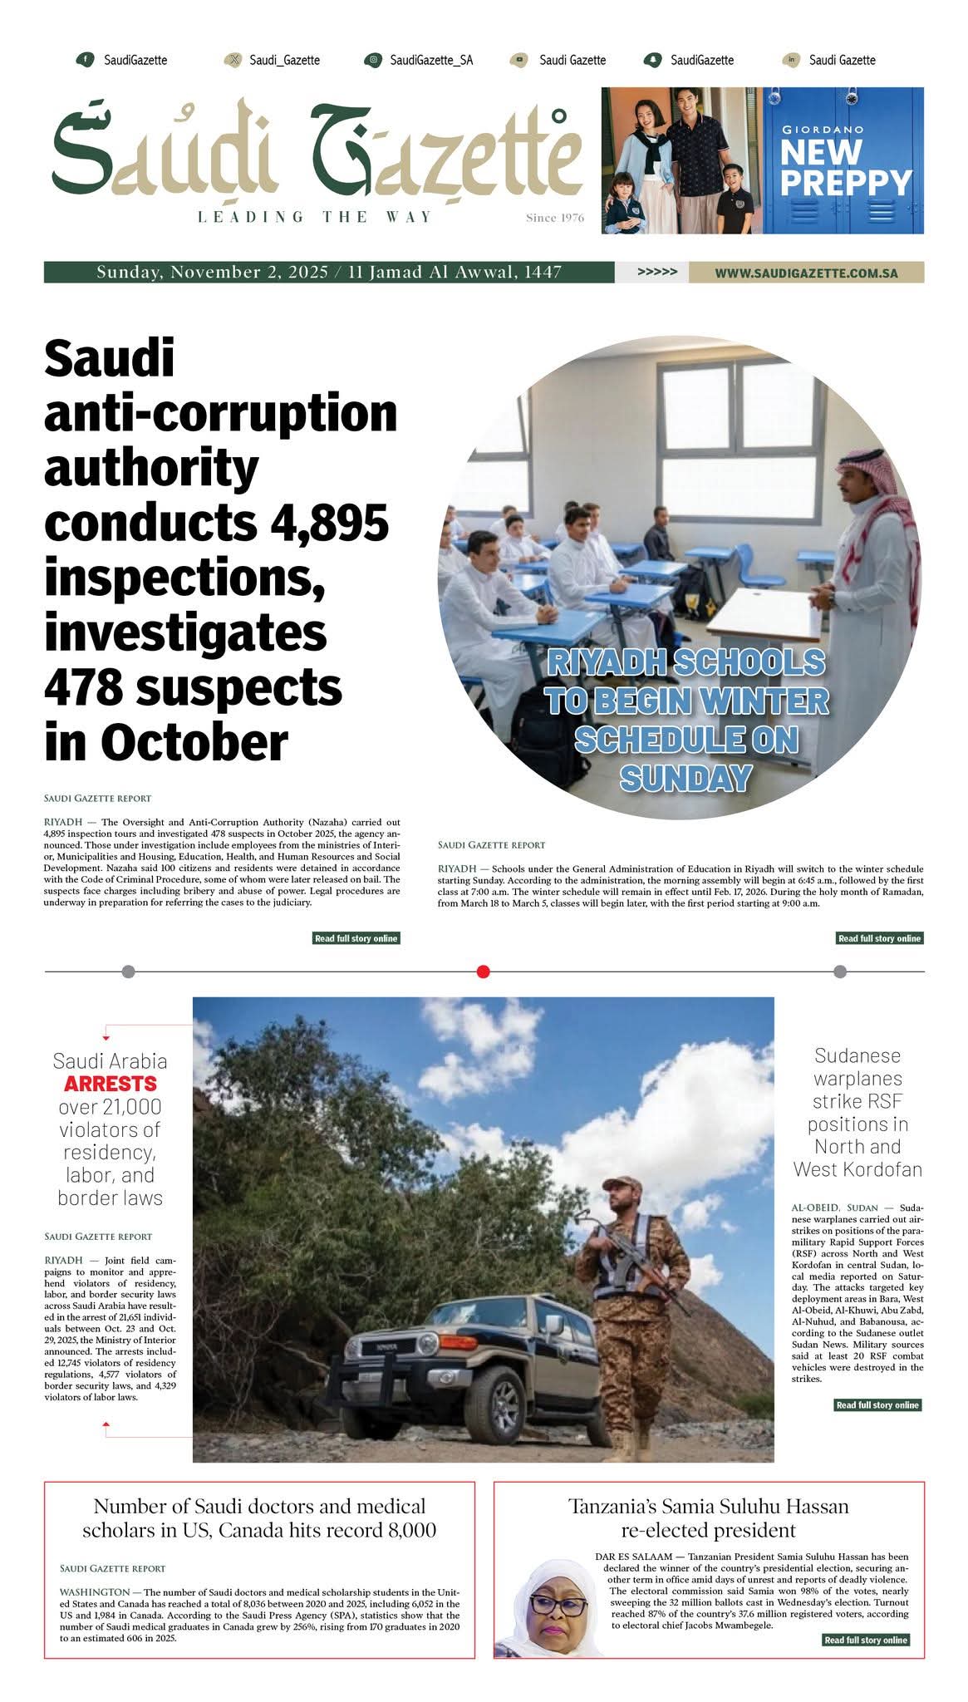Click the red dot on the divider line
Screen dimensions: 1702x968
tap(484, 972)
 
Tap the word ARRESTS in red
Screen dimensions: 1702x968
tap(110, 1084)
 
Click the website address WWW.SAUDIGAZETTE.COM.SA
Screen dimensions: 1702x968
tap(806, 273)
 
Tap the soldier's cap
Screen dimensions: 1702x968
tap(622, 1183)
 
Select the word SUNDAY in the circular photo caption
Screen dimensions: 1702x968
tap(685, 778)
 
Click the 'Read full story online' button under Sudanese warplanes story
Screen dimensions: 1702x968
tap(877, 1404)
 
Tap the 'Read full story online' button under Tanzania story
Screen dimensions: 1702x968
tap(865, 1640)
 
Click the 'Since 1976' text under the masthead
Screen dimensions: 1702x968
tap(555, 218)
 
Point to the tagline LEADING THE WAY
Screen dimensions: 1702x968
tap(316, 217)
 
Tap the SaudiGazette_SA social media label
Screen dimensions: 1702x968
tap(431, 60)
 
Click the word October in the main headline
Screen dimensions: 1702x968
tap(195, 741)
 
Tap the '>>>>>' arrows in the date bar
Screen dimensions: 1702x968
tap(656, 272)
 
